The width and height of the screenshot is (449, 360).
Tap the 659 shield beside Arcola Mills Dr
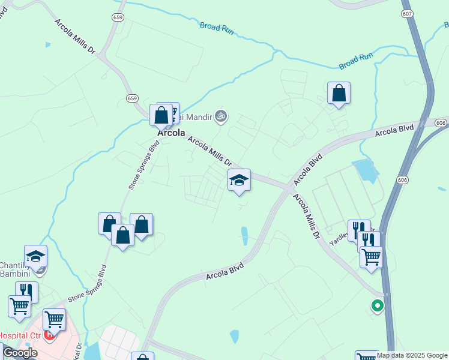pos(131,98)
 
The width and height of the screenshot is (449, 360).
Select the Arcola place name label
pos(171,133)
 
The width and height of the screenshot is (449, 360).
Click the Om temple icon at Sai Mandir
pos(221,115)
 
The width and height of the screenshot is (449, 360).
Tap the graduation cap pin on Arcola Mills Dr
pos(239,180)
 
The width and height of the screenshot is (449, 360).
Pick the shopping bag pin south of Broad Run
pos(339,93)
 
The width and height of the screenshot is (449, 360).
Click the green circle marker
pos(377,305)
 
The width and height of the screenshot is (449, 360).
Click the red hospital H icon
pos(50,335)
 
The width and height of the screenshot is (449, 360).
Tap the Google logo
pos(20,353)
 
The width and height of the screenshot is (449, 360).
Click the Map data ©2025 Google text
pos(412,355)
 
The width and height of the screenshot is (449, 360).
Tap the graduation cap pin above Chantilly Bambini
pos(35,256)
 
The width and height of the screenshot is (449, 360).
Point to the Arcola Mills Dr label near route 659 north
pos(76,38)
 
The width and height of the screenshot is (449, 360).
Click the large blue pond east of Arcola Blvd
pos(366,170)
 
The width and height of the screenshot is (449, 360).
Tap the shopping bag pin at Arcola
pos(161,114)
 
